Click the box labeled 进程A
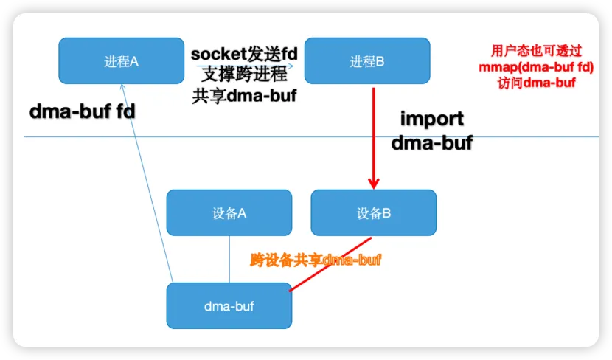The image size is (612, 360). tap(121, 61)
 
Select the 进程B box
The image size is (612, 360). tap(367, 61)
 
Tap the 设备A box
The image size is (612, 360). tap(229, 213)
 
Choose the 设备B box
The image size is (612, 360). tap(373, 213)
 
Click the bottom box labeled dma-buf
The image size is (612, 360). tap(229, 305)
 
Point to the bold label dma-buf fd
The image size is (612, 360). tap(83, 111)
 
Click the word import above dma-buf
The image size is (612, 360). tap(431, 118)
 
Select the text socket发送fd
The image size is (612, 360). tap(243, 54)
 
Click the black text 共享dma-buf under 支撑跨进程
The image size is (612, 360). tap(243, 95)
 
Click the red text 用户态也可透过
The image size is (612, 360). tap(536, 51)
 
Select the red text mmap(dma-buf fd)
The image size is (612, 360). tap(536, 67)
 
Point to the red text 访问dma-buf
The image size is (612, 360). tap(536, 83)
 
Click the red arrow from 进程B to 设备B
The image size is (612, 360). tap(373, 133)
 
